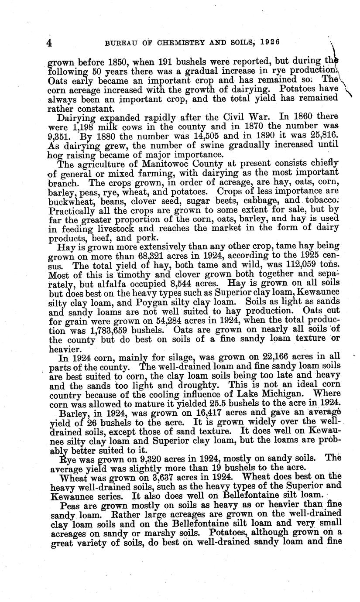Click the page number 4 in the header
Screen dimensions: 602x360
49,43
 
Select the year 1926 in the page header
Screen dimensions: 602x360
267,42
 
